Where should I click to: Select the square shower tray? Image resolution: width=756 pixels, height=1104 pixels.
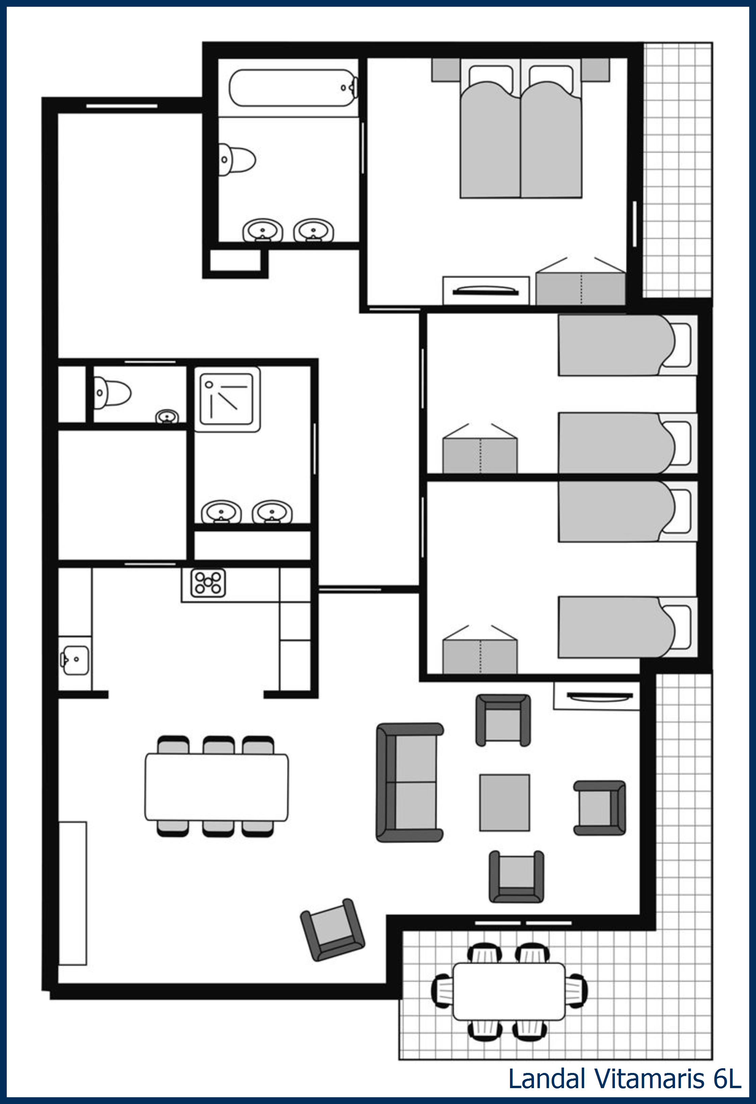pos(227,399)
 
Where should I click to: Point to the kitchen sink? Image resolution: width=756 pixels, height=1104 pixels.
pos(75,660)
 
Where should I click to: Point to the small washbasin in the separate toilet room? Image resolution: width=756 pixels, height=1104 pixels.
pos(167,417)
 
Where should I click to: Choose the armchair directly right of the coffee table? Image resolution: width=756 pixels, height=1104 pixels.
pos(600,807)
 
